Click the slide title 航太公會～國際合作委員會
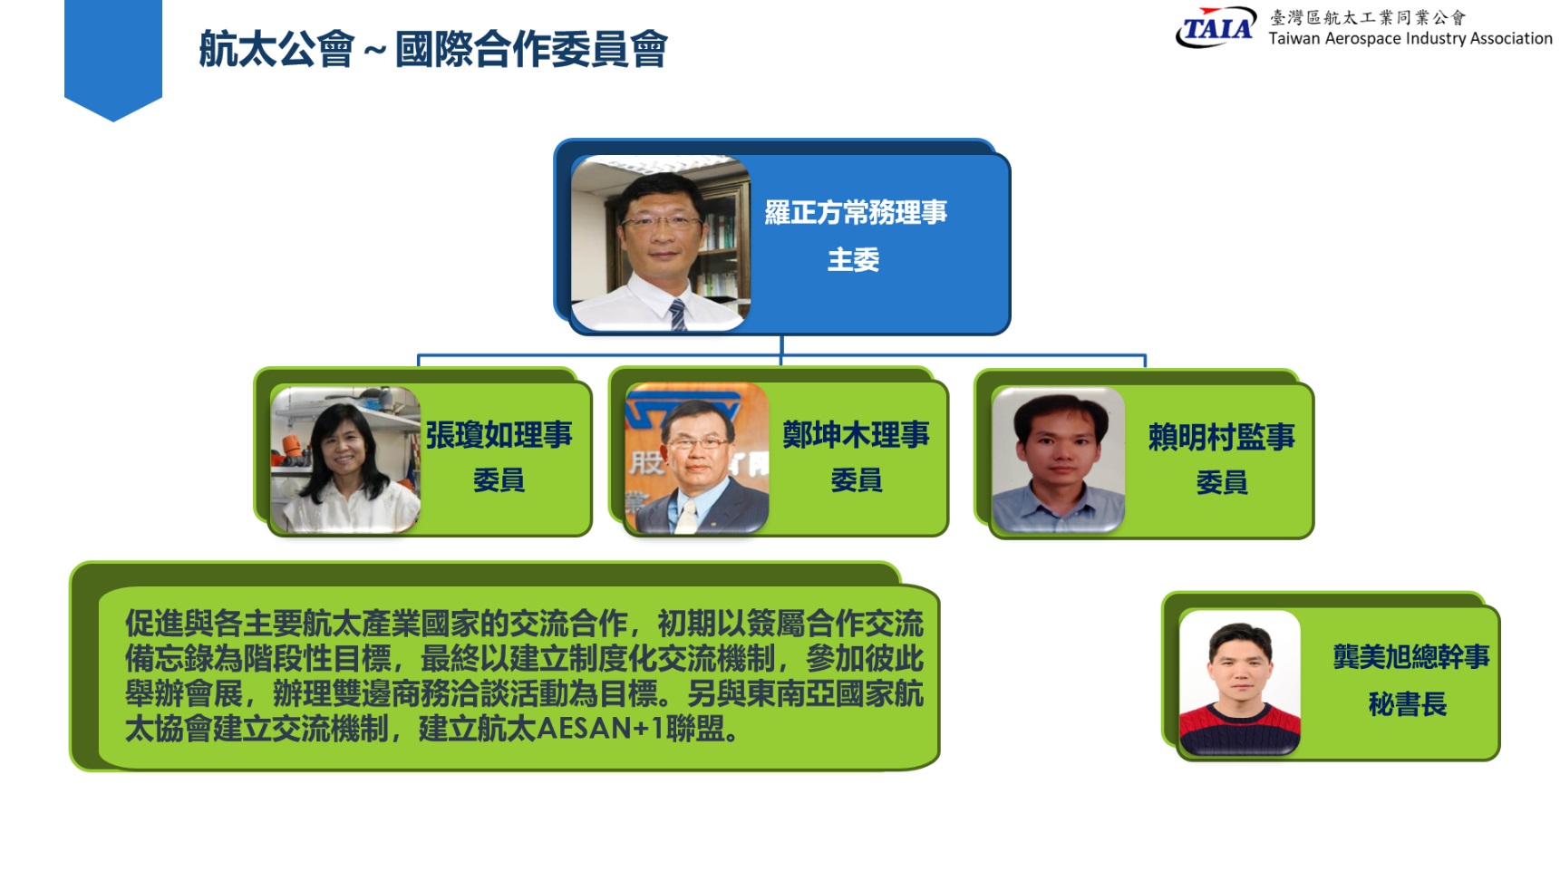pyautogui.click(x=433, y=49)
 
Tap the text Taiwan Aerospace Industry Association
pyautogui.click(x=1410, y=38)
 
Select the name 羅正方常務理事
pyautogui.click(x=856, y=212)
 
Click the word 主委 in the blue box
pyautogui.click(x=854, y=260)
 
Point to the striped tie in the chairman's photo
pyautogui.click(x=677, y=314)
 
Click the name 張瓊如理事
pyautogui.click(x=499, y=435)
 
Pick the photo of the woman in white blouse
pyautogui.click(x=345, y=459)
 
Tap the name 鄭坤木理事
pyautogui.click(x=857, y=435)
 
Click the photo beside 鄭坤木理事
pyautogui.click(x=697, y=459)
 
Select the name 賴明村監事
pyautogui.click(x=1222, y=437)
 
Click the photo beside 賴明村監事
pyautogui.click(x=1059, y=460)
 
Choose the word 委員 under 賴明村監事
pyautogui.click(x=1222, y=482)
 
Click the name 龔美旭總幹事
pyautogui.click(x=1411, y=656)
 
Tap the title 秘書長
pyautogui.click(x=1408, y=704)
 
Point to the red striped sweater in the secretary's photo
pyautogui.click(x=1240, y=729)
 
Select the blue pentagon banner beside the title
pyautogui.click(x=113, y=60)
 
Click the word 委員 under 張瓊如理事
pyautogui.click(x=499, y=479)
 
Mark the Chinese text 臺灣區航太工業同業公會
pyautogui.click(x=1368, y=17)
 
